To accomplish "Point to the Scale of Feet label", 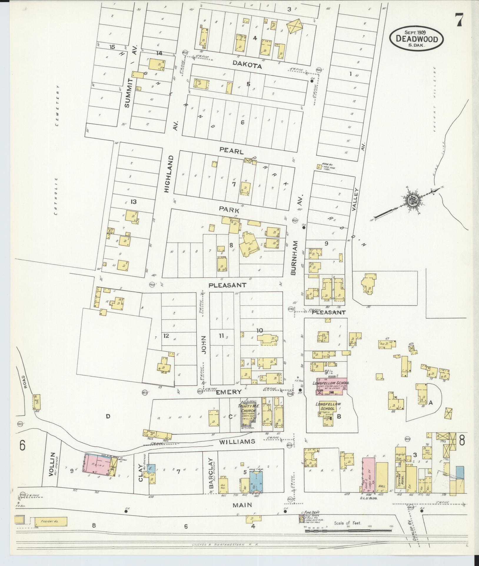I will (347, 523).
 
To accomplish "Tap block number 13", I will (133, 202).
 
